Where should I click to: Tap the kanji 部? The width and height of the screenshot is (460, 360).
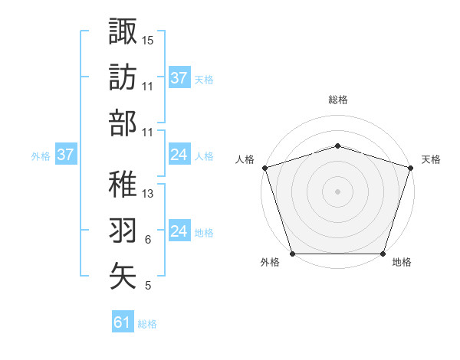tap(123, 123)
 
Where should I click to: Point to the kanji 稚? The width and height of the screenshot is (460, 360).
tap(123, 182)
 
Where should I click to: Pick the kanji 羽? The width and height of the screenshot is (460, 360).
tap(123, 229)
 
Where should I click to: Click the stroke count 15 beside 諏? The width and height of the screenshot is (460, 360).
tap(148, 40)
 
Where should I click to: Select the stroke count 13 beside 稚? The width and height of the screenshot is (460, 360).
tap(148, 194)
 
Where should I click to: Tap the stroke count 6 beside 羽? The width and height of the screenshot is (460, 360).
tap(147, 241)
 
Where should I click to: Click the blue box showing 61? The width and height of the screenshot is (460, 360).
tap(122, 322)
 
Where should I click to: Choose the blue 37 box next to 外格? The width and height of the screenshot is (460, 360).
tap(65, 155)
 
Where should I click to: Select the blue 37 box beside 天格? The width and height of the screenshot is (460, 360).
tap(179, 77)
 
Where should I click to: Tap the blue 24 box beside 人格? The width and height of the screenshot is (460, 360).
tap(179, 155)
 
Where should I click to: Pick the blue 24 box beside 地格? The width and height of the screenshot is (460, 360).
tap(179, 232)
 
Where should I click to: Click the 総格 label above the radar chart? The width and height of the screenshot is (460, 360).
tap(337, 100)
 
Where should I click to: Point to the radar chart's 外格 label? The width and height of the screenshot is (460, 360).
tap(270, 263)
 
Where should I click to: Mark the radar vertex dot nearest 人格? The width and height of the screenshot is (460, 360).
tap(264, 168)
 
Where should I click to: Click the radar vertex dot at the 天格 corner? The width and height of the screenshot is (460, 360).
tap(410, 168)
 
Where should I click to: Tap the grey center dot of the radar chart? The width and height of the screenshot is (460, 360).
tap(337, 191)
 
